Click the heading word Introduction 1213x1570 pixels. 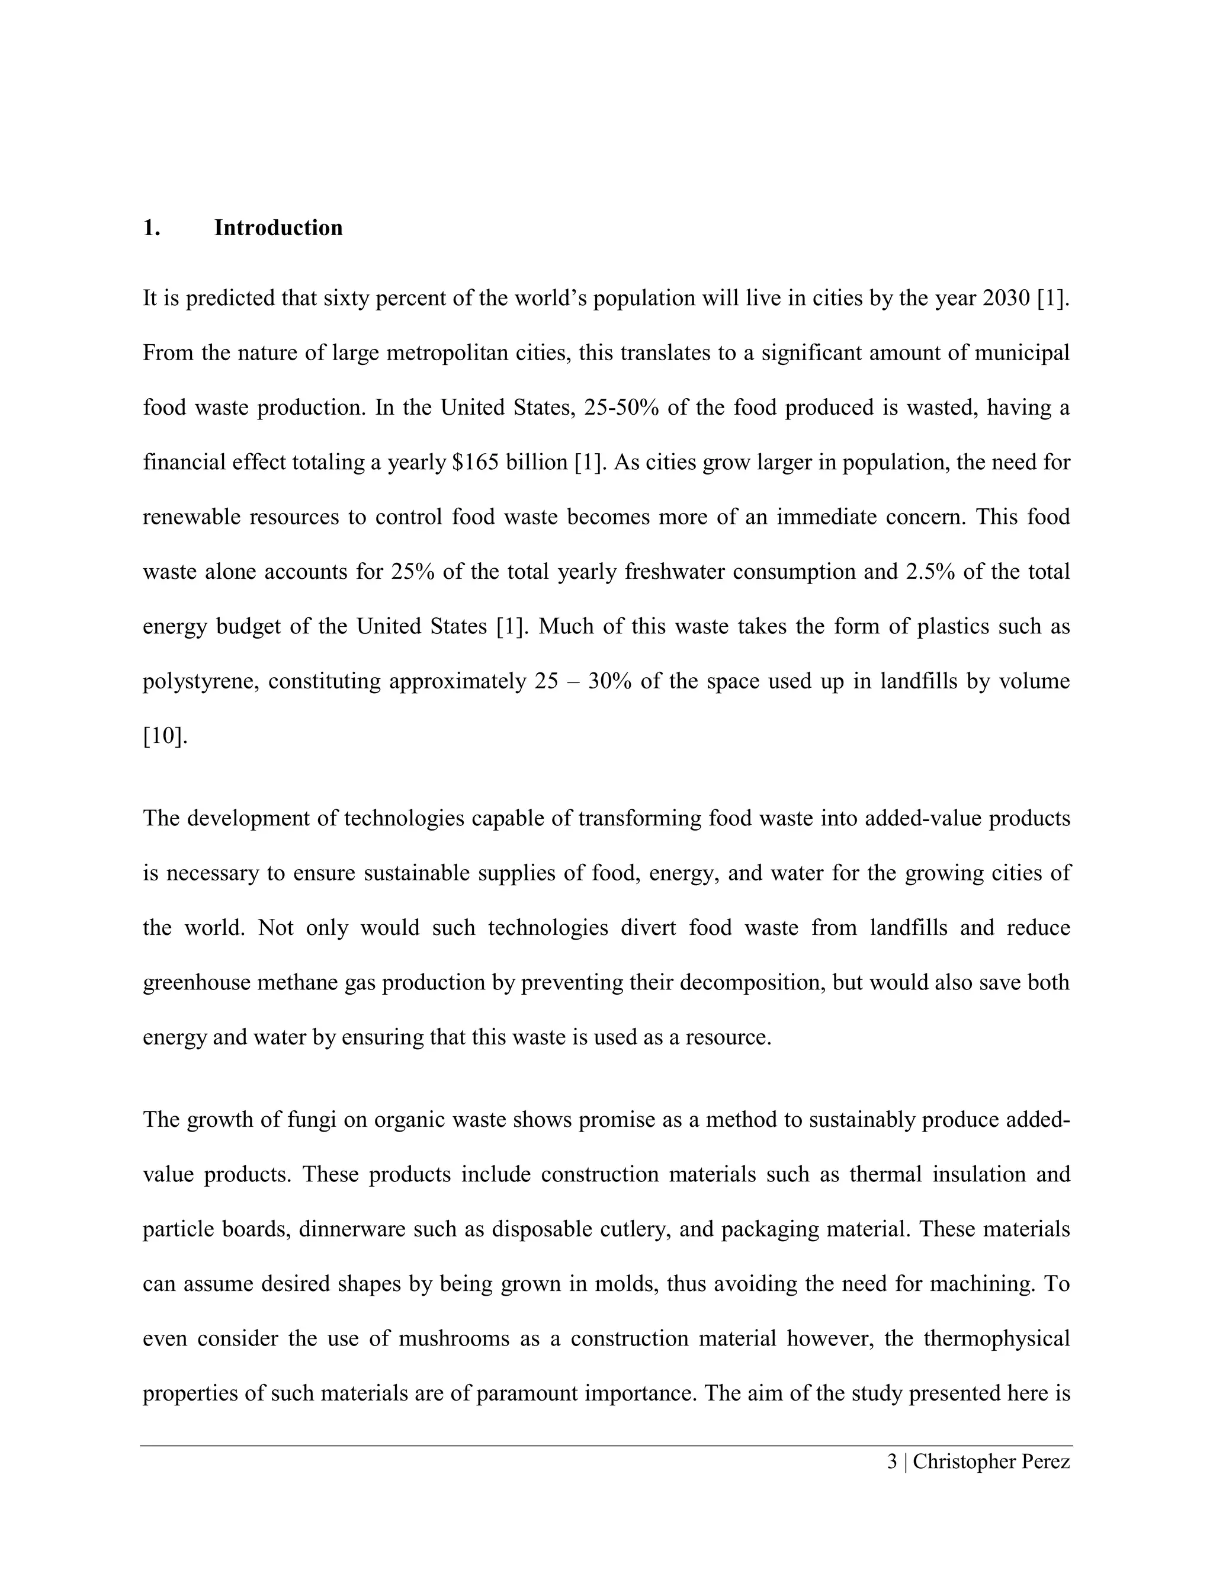pyautogui.click(x=278, y=228)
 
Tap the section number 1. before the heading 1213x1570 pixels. pyautogui.click(x=151, y=228)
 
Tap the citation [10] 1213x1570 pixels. pyautogui.click(x=165, y=736)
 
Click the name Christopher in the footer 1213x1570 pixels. pyautogui.click(x=960, y=1462)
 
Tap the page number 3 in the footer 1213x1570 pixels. pyautogui.click(x=893, y=1462)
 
